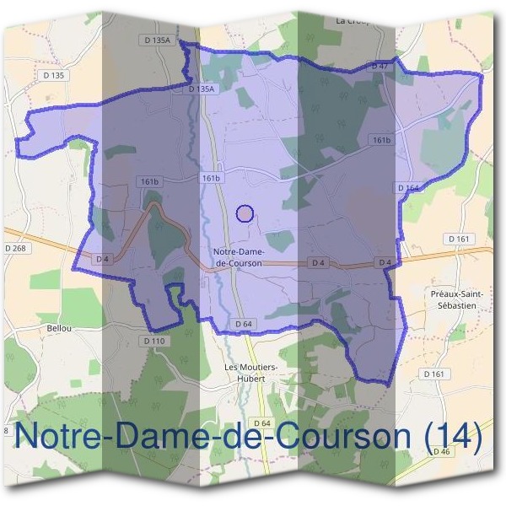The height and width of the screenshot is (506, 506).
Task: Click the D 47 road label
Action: tap(379, 66)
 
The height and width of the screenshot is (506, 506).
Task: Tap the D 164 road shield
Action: tap(406, 187)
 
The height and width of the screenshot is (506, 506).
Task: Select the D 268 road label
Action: tap(15, 248)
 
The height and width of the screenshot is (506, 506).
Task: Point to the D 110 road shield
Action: tap(154, 340)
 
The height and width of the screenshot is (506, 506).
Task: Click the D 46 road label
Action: tap(442, 452)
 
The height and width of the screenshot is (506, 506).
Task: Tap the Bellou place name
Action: tap(59, 327)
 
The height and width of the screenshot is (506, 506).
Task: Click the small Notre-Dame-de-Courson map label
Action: tap(240, 257)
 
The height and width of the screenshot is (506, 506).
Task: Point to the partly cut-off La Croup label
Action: tap(353, 19)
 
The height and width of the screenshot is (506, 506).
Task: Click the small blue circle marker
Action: tap(245, 213)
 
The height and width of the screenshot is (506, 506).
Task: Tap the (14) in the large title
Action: tap(453, 437)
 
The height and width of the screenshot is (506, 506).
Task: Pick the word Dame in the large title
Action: tap(150, 437)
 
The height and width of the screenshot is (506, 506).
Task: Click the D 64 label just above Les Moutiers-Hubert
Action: tap(244, 324)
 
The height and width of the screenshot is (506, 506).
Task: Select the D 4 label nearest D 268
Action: tap(103, 258)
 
